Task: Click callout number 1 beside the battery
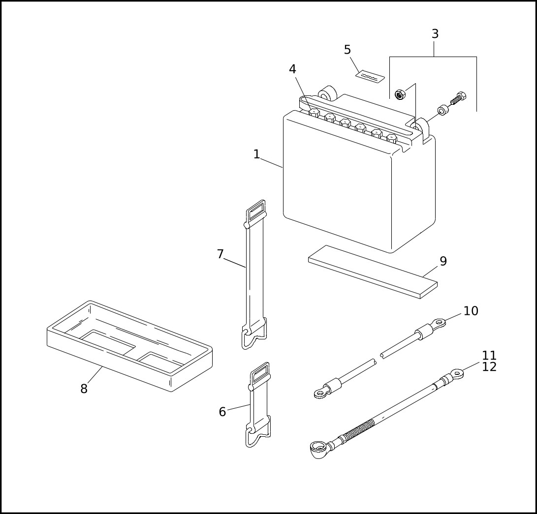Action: click(256, 154)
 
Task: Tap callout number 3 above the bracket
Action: click(435, 34)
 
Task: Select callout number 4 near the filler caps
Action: click(292, 70)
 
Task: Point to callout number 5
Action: click(347, 50)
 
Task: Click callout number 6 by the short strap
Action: click(222, 412)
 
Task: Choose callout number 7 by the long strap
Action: click(220, 254)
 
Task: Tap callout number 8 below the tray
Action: click(84, 389)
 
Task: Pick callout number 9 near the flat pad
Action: click(443, 262)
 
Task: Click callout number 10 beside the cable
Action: click(471, 311)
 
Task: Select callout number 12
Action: click(489, 367)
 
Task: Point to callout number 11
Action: click(489, 355)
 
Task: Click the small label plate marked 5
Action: click(370, 76)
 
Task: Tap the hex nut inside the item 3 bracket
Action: click(400, 94)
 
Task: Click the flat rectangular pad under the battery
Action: click(373, 272)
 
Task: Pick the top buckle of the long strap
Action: click(256, 212)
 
